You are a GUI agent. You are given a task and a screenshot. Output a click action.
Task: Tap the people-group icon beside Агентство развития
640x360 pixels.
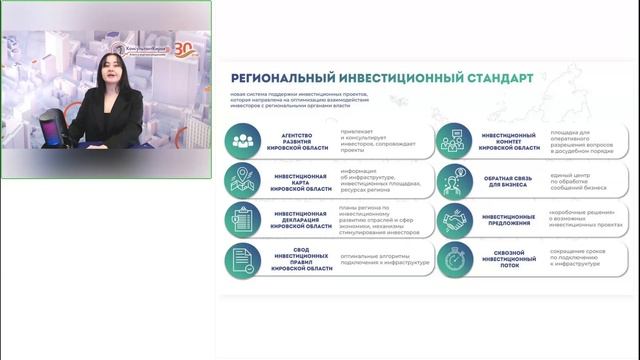tap(241, 140)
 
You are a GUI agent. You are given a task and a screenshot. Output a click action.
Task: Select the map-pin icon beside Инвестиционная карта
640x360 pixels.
tap(241, 179)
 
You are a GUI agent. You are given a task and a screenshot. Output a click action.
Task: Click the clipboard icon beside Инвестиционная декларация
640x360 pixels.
tap(241, 217)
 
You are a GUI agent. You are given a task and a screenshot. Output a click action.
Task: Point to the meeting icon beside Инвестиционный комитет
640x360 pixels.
tap(454, 140)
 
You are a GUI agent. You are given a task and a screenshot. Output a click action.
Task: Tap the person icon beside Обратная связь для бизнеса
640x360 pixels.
tap(454, 179)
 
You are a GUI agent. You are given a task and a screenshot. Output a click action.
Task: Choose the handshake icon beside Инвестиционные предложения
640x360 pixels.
tap(454, 217)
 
